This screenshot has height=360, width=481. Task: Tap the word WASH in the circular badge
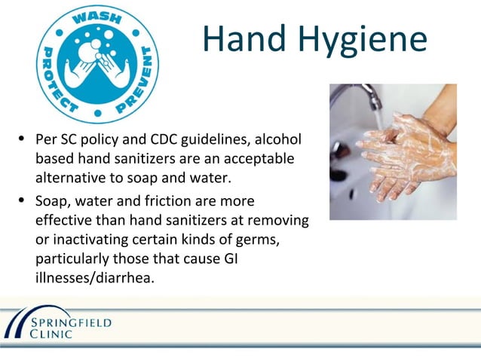click(97, 20)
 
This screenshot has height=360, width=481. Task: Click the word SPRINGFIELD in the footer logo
click(72, 322)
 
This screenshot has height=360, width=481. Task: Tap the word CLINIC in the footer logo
click(52, 334)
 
